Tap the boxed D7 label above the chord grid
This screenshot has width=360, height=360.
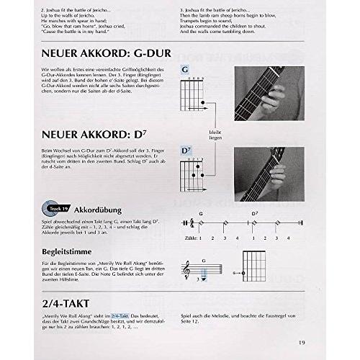(186, 151)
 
